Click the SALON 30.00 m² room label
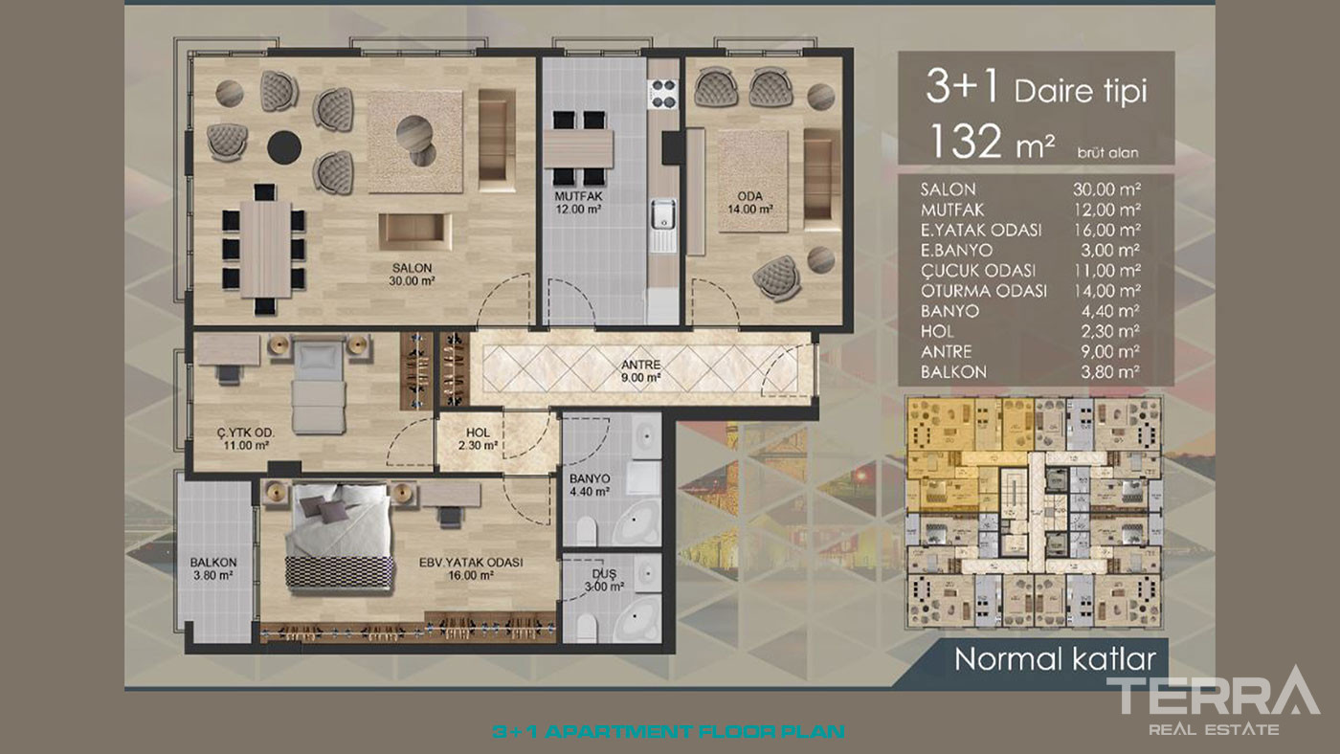tap(412, 275)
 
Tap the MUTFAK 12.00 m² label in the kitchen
tap(578, 203)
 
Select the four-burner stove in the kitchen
tap(662, 95)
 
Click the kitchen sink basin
tap(662, 214)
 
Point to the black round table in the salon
tap(284, 146)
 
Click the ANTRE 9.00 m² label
tap(640, 370)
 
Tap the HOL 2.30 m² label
tap(478, 439)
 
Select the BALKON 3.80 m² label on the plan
tap(212, 568)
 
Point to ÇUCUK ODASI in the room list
tap(978, 270)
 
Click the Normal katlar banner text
tap(1055, 659)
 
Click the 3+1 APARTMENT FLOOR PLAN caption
tap(669, 731)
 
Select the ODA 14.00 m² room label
tap(749, 203)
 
